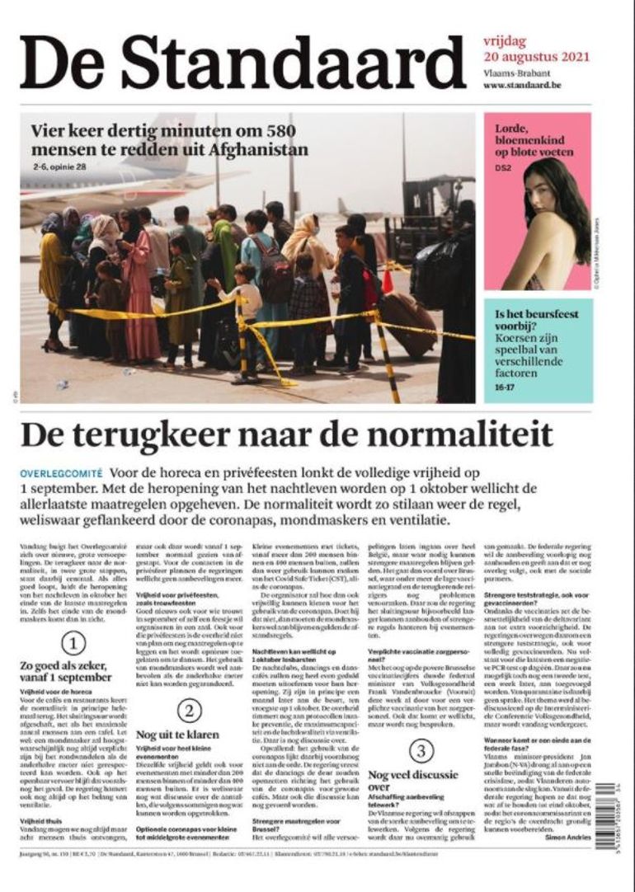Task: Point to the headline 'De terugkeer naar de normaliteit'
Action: (x=286, y=434)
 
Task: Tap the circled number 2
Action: (x=189, y=710)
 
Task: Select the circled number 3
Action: (x=421, y=750)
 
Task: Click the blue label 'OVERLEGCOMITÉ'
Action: (x=62, y=474)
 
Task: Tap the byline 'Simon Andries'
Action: (x=567, y=836)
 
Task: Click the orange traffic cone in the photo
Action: (x=388, y=280)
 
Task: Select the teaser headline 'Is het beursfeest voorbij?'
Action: (x=536, y=321)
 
